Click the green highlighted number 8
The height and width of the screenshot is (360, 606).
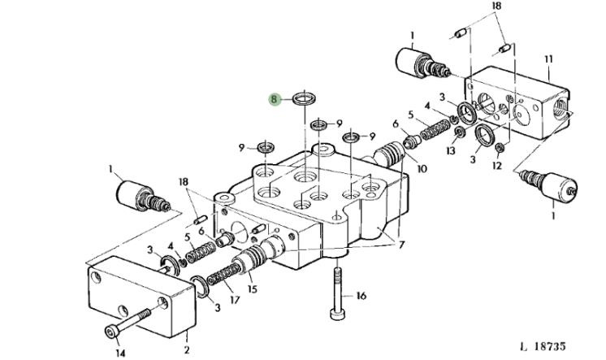(275, 99)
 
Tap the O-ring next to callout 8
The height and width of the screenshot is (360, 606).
(303, 100)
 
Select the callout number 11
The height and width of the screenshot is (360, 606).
(548, 59)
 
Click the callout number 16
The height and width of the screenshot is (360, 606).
(361, 297)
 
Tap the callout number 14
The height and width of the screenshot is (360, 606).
(119, 353)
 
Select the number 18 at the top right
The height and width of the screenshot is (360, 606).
(496, 7)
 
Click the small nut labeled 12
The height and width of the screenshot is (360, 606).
(500, 148)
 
